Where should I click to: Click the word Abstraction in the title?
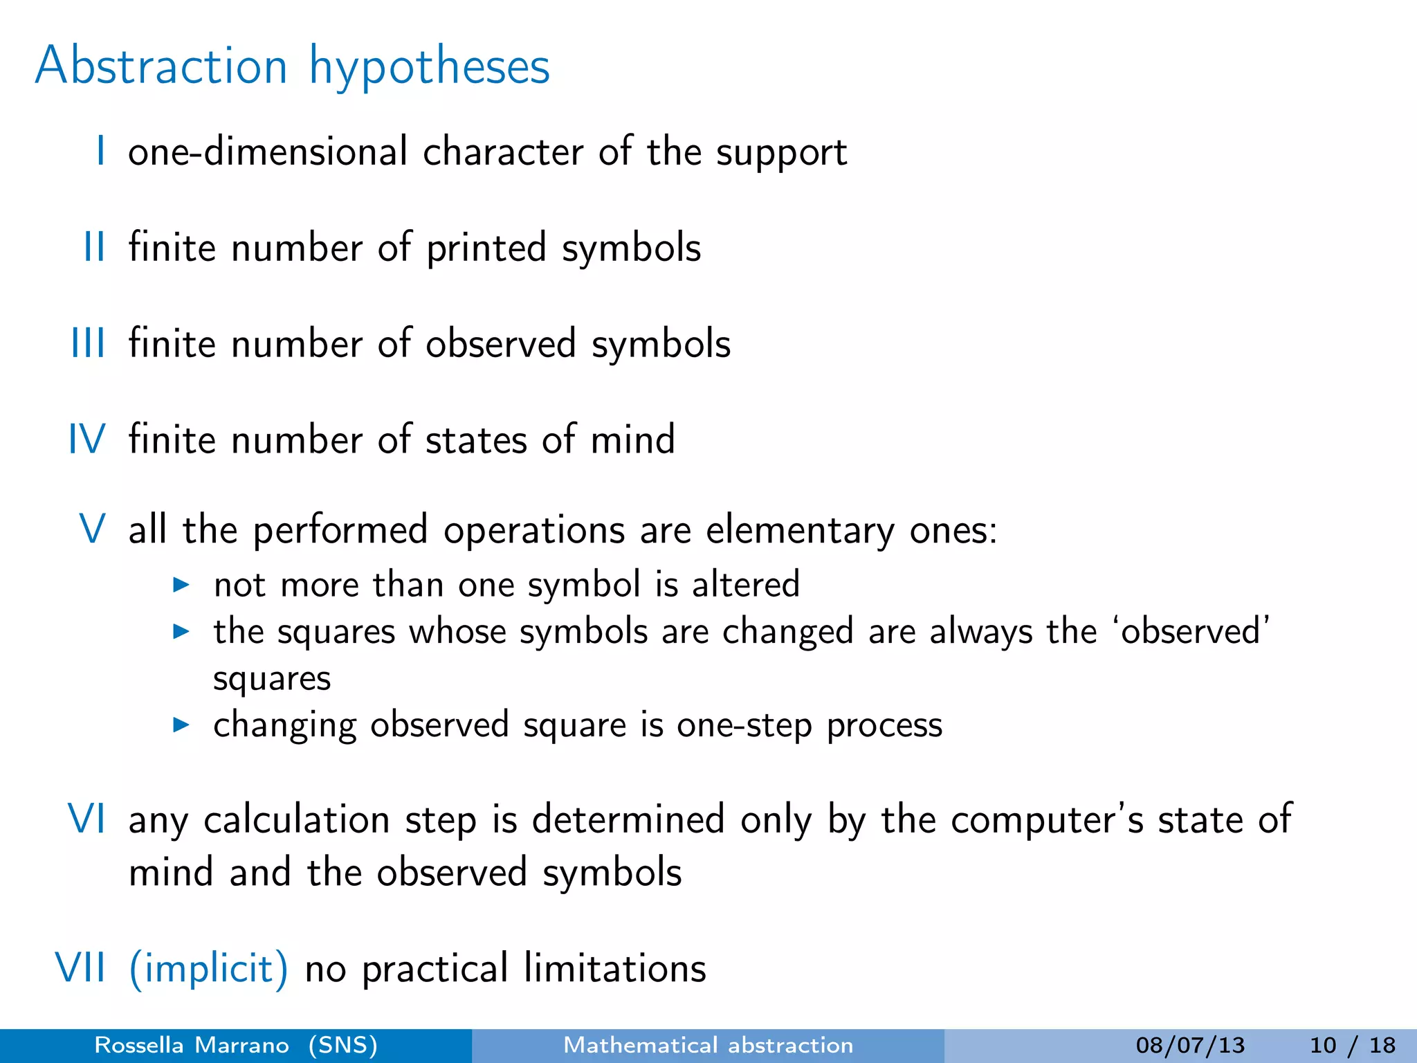(161, 66)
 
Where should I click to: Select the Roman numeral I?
(101, 151)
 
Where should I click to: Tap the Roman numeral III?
(89, 343)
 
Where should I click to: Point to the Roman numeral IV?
(87, 439)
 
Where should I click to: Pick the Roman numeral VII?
(81, 967)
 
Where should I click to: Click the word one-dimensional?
(268, 151)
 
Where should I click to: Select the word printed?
(486, 248)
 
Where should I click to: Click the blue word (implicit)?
(208, 968)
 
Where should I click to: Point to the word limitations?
(615, 967)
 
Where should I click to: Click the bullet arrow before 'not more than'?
(181, 585)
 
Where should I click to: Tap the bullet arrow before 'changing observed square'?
(181, 725)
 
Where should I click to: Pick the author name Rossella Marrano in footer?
(192, 1045)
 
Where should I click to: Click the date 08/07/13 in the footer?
(1190, 1045)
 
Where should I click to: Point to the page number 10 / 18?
(1352, 1045)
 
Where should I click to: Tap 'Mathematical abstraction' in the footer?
(708, 1045)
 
